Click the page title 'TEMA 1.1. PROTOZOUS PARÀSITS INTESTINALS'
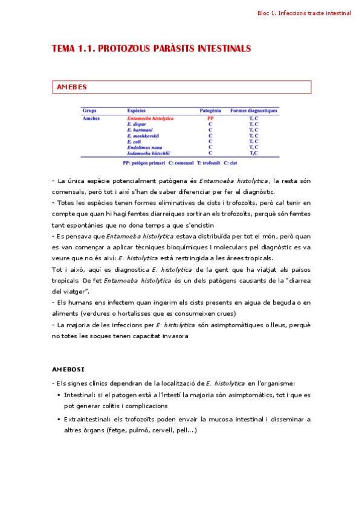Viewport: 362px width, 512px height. coord(152,48)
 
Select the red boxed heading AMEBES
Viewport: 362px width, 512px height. coord(71,87)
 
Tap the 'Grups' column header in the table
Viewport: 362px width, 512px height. coord(89,111)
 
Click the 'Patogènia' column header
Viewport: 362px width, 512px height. coord(210,111)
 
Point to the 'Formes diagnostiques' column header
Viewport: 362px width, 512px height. coord(254,111)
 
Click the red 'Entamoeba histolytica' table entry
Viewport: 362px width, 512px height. coord(150,118)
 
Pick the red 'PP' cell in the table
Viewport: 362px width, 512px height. coord(210,118)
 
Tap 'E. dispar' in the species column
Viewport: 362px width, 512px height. coord(137,124)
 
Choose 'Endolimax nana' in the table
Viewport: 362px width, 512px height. coord(143,147)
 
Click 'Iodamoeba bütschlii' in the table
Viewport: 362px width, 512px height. coord(148,153)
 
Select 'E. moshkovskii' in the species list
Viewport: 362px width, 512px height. coord(143,135)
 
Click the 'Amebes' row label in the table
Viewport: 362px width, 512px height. coord(92,118)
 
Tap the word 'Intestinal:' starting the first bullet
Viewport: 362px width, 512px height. coord(80,395)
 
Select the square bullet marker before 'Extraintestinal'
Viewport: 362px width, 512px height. coord(59,419)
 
